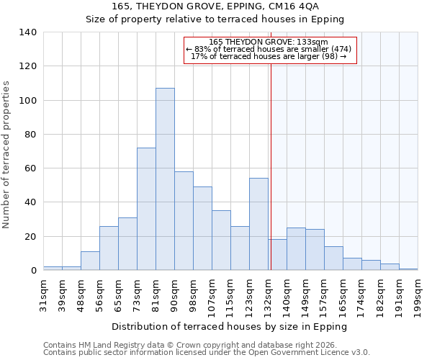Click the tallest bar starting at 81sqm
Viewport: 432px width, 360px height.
(x=165, y=179)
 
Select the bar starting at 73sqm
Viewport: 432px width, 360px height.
(x=146, y=209)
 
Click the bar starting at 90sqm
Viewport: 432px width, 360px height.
(x=184, y=221)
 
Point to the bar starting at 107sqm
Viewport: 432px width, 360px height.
(x=221, y=240)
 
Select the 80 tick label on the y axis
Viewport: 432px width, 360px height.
(x=30, y=135)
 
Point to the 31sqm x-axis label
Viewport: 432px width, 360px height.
(x=44, y=293)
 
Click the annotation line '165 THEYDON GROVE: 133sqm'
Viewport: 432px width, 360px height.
(x=268, y=42)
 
